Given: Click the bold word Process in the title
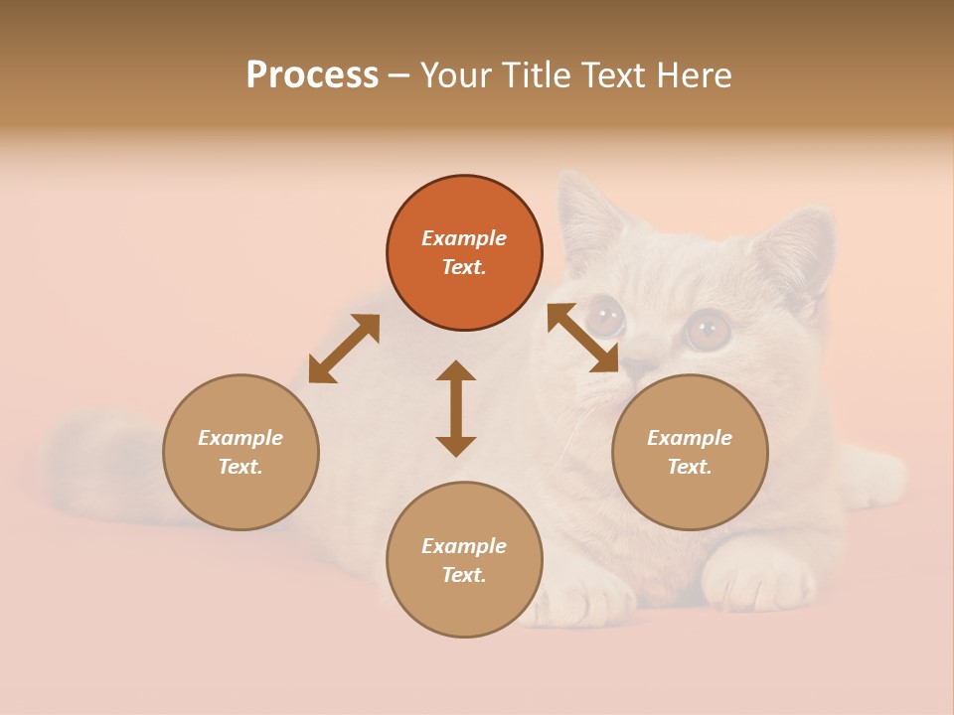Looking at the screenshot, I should pos(312,75).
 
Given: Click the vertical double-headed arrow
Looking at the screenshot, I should pos(456,408).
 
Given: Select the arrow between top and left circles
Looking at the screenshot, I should pos(344,349).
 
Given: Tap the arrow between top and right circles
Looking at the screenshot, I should pos(582,338).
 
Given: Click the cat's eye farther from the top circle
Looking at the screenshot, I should pos(708,330).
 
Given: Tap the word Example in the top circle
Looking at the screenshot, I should pos(464,238).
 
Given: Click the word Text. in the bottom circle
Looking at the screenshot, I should pos(464,575).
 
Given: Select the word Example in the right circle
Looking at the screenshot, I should pos(690,438).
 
